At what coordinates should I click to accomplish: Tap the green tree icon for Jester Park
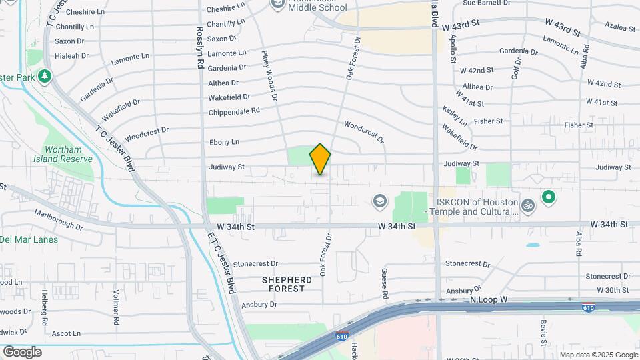(x=45, y=76)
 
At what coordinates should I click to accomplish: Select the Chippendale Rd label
(x=233, y=112)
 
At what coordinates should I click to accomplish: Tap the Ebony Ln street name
(x=224, y=142)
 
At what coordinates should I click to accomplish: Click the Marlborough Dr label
(x=60, y=221)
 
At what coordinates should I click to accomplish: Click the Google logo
(x=22, y=351)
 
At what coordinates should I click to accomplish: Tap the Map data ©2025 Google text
(x=599, y=355)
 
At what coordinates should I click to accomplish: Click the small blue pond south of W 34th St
(x=533, y=245)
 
